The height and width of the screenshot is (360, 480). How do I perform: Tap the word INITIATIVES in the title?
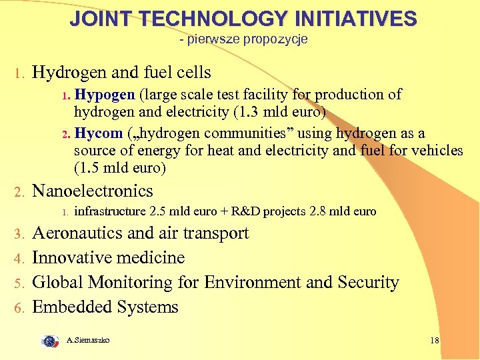tap(354, 19)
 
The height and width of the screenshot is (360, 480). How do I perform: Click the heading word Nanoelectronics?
tap(93, 191)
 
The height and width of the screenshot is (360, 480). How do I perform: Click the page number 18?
tap(435, 341)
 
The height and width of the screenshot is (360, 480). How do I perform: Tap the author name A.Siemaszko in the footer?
tap(88, 341)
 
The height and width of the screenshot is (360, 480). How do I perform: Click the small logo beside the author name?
tap(50, 341)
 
